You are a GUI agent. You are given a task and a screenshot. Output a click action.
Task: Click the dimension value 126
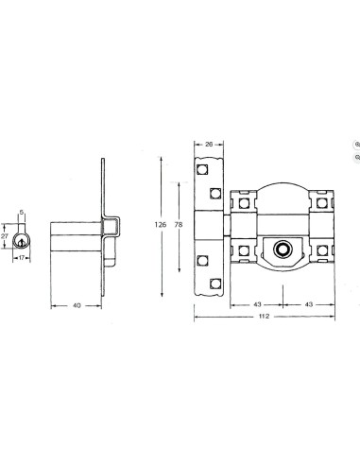coord(161,225)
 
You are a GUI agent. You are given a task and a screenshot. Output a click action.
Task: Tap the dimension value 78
coord(179,225)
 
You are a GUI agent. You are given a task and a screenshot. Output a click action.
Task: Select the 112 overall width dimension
coord(264,316)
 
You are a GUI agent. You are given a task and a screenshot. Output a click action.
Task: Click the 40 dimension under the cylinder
coord(77,305)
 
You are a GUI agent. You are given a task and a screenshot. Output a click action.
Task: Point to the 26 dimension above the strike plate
coord(209,145)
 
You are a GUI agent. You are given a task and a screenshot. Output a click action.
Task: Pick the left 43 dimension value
coord(257,304)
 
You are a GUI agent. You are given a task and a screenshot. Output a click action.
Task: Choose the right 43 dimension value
coord(309,304)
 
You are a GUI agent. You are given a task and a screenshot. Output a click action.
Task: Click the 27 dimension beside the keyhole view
coord(5,236)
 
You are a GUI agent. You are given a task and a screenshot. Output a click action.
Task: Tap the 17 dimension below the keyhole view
coord(22,258)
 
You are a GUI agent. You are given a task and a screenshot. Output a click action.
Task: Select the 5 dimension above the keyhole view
coord(22,213)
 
